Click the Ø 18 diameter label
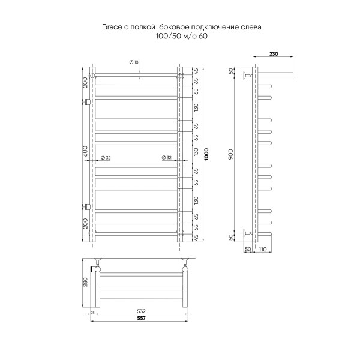pyautogui.click(x=134, y=62)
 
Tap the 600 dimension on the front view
pyautogui.click(x=85, y=152)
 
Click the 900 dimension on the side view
pyautogui.click(x=231, y=154)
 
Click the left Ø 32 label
pyautogui.click(x=106, y=157)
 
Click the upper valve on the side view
pyautogui.click(x=246, y=76)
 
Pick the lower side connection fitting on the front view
pyautogui.click(x=88, y=206)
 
